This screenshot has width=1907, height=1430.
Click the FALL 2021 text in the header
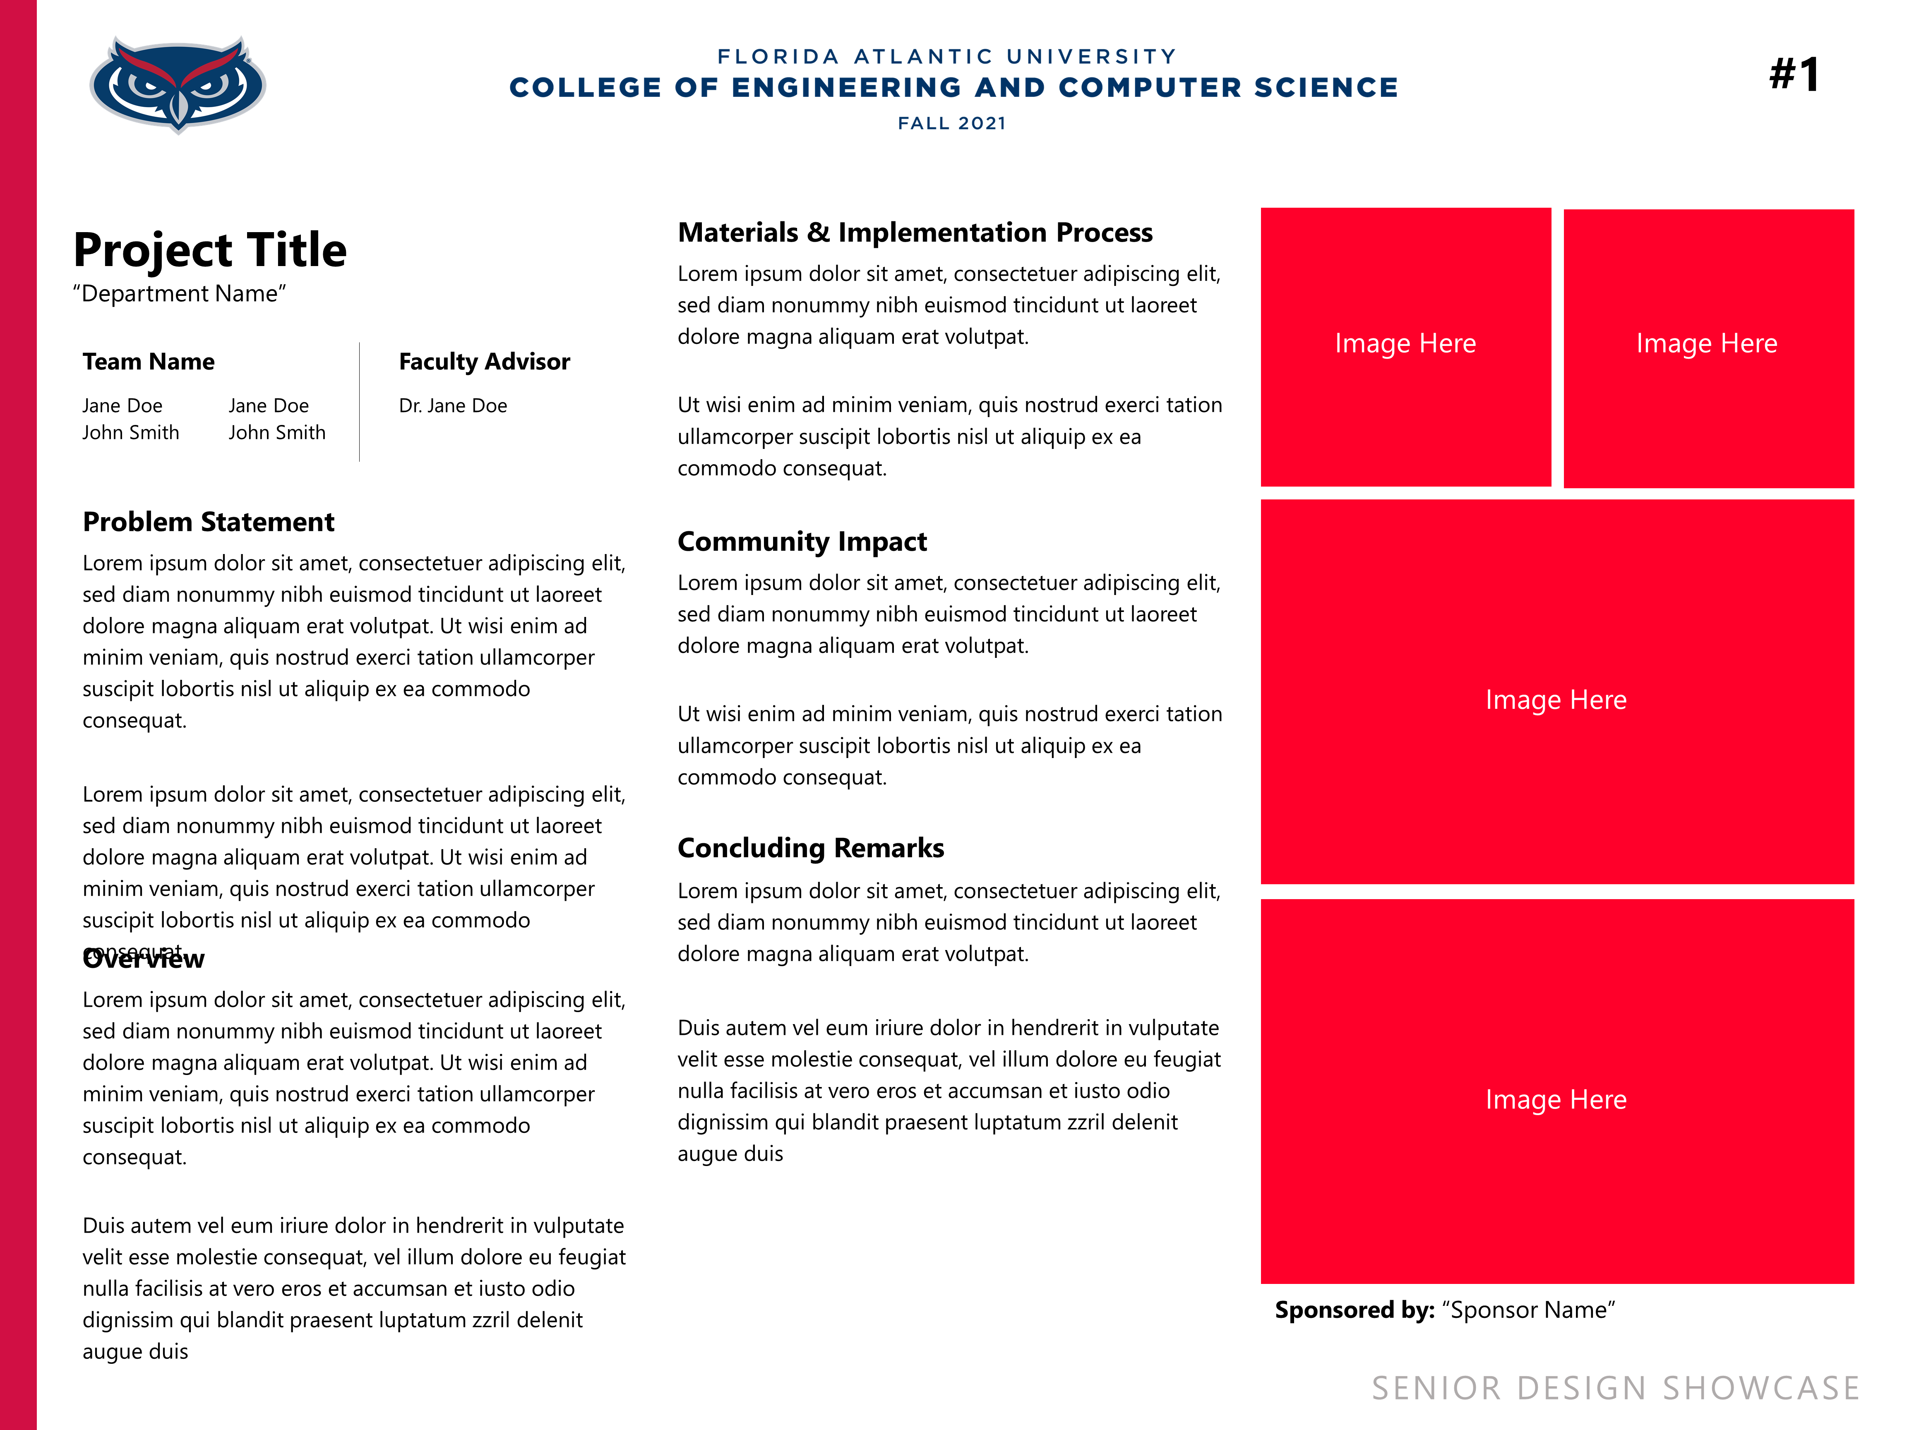pyautogui.click(x=952, y=123)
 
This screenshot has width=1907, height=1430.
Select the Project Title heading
pyautogui.click(x=209, y=250)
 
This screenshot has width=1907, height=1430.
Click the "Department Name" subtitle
pyautogui.click(x=179, y=294)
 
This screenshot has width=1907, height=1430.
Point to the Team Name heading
pyautogui.click(x=148, y=362)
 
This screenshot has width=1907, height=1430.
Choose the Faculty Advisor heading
pyautogui.click(x=484, y=362)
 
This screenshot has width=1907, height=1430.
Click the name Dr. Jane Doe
pyautogui.click(x=453, y=406)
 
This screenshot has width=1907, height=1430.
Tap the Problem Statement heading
pyautogui.click(x=209, y=522)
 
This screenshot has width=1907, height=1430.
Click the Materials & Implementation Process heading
pyautogui.click(x=915, y=233)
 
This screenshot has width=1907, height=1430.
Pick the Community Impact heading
pyautogui.click(x=802, y=542)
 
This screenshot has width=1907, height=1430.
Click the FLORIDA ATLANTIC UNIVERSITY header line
pyautogui.click(x=946, y=57)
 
